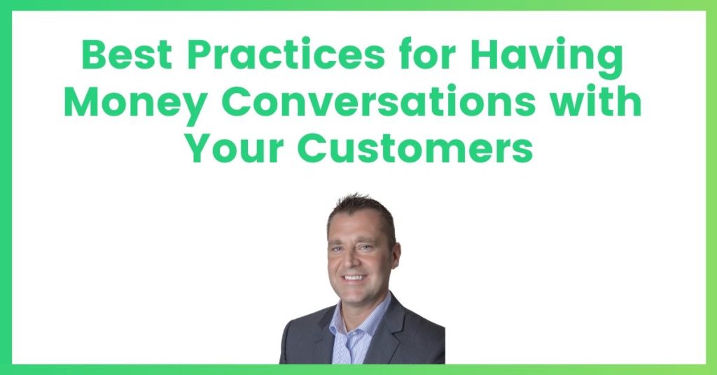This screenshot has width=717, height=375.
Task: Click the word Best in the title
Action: coord(127,55)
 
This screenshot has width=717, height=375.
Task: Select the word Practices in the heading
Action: coord(286,55)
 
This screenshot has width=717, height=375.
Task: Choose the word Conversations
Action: coord(379,101)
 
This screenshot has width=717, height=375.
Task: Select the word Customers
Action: coord(415,148)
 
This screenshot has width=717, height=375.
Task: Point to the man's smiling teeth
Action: coord(354,277)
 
